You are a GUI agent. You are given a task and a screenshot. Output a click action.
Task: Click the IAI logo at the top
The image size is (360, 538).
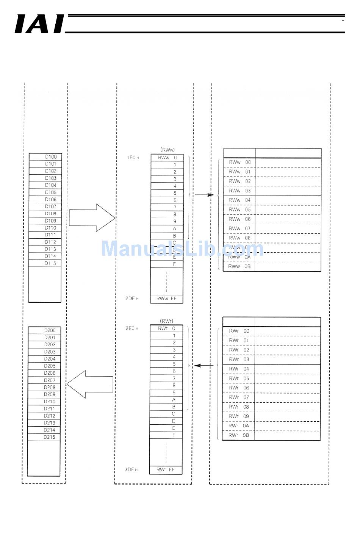[x=39, y=24]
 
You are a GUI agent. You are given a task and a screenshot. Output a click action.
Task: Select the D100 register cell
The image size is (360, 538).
[x=45, y=157]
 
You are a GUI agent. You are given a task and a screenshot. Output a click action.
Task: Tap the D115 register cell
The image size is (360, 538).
[x=45, y=263]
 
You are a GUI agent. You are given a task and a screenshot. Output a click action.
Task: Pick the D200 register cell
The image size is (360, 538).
[x=44, y=330]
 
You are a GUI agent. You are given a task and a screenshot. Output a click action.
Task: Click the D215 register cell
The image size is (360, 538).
[x=44, y=437]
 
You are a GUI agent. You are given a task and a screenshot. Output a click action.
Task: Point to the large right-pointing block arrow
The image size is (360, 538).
[x=92, y=218]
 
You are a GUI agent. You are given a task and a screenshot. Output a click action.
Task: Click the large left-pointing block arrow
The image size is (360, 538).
[x=90, y=384]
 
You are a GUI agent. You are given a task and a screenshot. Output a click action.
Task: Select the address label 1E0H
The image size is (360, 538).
[x=133, y=157]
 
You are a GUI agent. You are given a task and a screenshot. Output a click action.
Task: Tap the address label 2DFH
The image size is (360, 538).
[x=132, y=299]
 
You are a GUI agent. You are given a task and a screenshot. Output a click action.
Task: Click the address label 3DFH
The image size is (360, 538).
[x=131, y=470]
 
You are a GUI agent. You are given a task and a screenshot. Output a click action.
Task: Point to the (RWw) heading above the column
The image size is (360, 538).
[x=167, y=150]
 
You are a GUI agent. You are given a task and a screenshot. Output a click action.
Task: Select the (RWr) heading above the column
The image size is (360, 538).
[x=167, y=321]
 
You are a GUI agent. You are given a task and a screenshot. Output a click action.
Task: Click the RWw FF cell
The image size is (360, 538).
[x=167, y=299]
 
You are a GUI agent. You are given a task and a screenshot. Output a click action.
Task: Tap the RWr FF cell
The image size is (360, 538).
[x=166, y=470]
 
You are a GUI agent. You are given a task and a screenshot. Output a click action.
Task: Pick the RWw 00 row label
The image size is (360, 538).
[x=239, y=162]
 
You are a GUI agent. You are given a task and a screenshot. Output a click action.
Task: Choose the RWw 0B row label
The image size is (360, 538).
[x=239, y=266]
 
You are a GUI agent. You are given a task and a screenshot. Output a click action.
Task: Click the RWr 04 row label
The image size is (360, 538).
[x=239, y=369]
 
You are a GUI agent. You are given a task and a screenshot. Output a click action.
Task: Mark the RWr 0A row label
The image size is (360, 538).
[x=239, y=426]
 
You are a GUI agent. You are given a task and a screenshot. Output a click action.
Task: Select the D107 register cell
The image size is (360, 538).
[x=45, y=206]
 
